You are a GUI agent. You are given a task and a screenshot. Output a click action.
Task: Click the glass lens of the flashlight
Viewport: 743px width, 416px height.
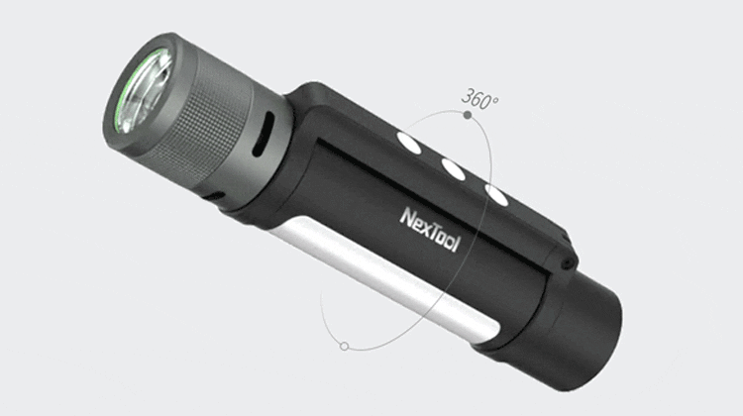click(x=144, y=91)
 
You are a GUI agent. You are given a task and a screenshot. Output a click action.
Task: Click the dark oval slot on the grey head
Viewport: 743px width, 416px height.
click(x=264, y=134)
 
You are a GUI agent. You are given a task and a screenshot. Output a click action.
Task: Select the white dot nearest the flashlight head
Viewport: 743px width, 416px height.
click(x=409, y=144)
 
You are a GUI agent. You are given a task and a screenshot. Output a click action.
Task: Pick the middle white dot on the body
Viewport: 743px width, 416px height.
click(x=454, y=169)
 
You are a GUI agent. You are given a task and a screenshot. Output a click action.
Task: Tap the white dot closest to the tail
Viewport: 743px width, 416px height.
click(x=496, y=195)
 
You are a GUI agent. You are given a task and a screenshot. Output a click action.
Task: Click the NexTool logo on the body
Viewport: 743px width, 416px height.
click(x=430, y=230)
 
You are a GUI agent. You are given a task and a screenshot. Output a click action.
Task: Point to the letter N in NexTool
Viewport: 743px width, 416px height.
click(x=407, y=218)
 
